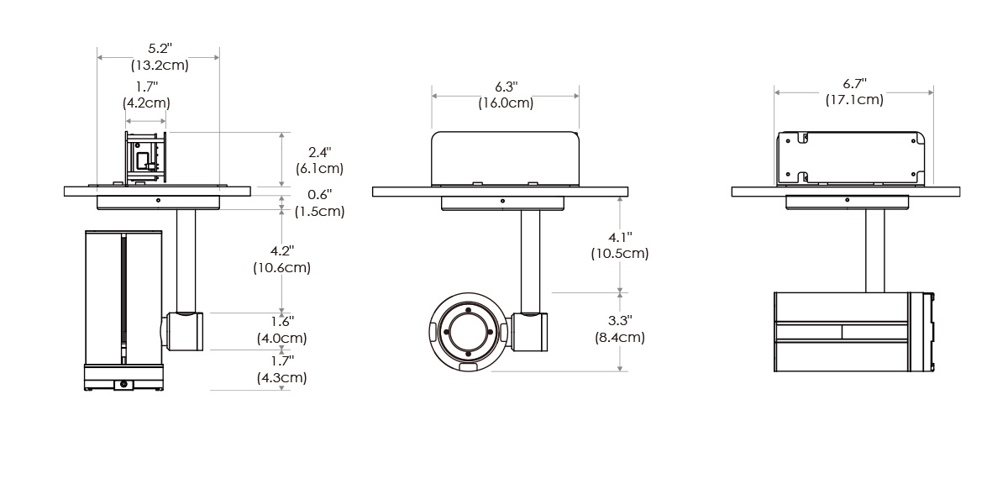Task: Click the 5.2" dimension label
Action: coord(160,48)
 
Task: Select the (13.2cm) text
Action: coord(160,66)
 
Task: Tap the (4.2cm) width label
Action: coord(147,103)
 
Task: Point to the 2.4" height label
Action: coord(319,152)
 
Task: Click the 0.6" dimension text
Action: coord(319,195)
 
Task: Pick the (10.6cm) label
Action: coord(281,268)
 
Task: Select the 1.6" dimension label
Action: coord(282,322)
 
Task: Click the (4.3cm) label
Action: coord(282,377)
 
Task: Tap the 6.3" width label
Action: coord(507,86)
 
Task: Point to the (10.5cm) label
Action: coord(620,254)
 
